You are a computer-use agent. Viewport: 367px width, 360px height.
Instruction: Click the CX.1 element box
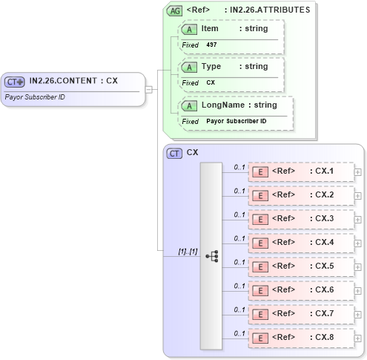(x=300, y=171)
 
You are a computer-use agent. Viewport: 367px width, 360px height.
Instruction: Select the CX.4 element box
(x=300, y=243)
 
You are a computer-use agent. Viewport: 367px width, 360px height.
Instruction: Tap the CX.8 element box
(x=300, y=338)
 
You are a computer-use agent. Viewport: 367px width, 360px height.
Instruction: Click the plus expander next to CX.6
(x=358, y=290)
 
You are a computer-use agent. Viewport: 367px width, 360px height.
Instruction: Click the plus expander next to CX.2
(x=358, y=195)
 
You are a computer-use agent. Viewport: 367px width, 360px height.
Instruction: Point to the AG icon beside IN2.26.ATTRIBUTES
(x=175, y=10)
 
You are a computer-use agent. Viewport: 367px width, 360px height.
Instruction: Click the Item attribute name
(x=210, y=28)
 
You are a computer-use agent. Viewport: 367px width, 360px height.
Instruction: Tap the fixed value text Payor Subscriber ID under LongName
(x=236, y=121)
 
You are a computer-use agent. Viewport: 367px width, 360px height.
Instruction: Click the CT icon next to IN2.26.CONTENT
(x=15, y=82)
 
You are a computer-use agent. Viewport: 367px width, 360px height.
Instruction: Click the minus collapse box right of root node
(x=149, y=90)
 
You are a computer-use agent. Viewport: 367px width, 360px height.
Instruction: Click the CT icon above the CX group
(x=175, y=153)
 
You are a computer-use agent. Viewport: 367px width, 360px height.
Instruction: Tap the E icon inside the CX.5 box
(x=261, y=266)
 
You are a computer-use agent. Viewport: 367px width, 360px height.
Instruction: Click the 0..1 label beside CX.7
(x=239, y=310)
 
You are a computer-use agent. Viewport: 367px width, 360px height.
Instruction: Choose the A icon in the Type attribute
(x=190, y=67)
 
